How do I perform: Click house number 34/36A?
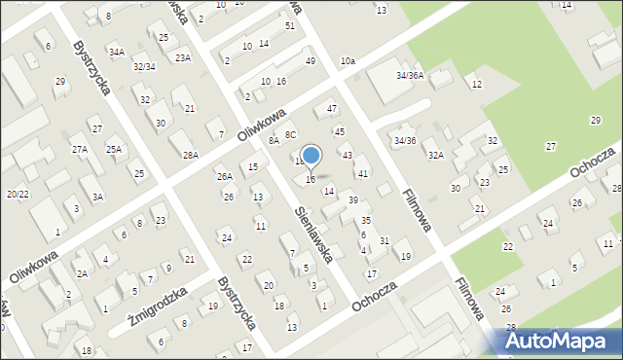(x=409, y=75)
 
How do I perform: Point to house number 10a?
(x=348, y=61)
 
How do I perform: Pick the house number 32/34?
(x=143, y=66)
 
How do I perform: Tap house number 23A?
(x=183, y=57)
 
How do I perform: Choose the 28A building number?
(x=190, y=155)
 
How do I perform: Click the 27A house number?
(x=80, y=149)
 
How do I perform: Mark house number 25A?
(x=114, y=149)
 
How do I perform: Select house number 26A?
(x=224, y=176)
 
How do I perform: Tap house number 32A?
(x=436, y=155)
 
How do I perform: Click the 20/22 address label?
(x=16, y=194)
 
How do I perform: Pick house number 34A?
(x=117, y=52)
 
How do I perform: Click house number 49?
(x=310, y=61)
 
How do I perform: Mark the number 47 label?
(x=332, y=108)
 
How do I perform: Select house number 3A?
(x=97, y=197)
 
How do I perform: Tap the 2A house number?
(x=83, y=273)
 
